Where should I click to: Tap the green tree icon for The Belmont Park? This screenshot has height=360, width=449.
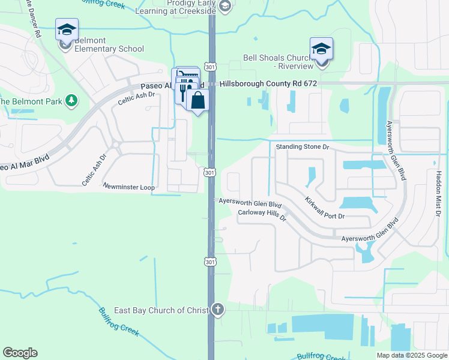pos(71,100)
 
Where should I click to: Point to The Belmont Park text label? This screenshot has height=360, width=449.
pos(30,101)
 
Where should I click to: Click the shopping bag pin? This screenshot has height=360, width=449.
pos(197,101)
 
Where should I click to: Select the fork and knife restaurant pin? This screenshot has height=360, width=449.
pos(183,91)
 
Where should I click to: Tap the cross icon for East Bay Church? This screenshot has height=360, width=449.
pos(217,310)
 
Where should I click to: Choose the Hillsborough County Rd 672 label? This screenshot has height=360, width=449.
pos(268,83)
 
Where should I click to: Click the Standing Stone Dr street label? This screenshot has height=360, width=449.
pos(303,146)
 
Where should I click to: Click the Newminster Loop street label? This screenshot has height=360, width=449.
pos(129,187)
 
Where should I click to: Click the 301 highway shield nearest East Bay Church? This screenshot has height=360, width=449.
pos(209,262)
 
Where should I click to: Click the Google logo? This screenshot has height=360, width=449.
pos(20,353)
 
